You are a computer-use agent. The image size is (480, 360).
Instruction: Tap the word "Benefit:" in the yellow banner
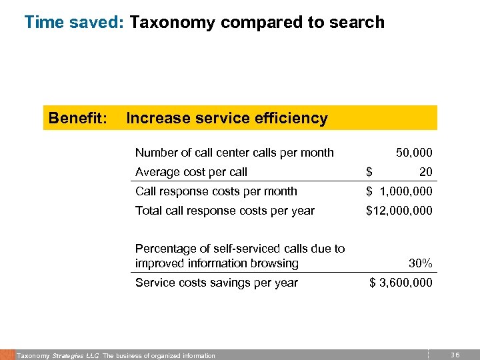[77, 119]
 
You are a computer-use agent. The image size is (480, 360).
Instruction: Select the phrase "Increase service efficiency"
[227, 119]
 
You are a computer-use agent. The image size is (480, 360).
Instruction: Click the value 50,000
[413, 153]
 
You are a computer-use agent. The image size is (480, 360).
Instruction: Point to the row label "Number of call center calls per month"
[234, 153]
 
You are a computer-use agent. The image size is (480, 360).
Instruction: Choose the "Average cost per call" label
[191, 172]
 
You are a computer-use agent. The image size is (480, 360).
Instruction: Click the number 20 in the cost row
[425, 172]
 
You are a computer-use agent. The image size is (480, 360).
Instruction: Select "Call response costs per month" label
[216, 191]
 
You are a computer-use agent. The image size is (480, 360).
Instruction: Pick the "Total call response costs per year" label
[225, 211]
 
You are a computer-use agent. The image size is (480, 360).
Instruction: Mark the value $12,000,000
[399, 211]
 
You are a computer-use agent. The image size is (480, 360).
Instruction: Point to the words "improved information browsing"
[217, 263]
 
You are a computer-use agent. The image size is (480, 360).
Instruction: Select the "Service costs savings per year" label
[216, 283]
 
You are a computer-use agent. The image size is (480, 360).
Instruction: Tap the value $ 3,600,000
[401, 283]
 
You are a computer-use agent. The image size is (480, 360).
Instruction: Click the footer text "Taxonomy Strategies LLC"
[59, 356]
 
